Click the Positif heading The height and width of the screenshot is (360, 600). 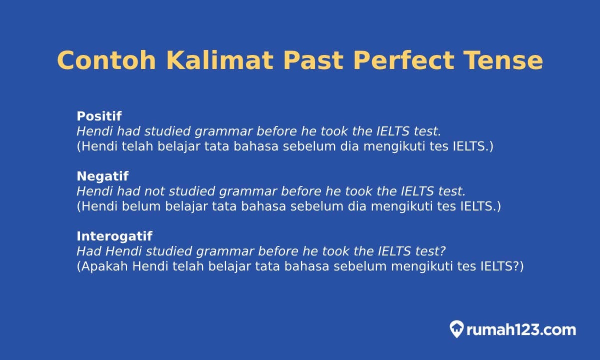point(99,116)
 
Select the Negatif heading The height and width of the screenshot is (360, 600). point(102,176)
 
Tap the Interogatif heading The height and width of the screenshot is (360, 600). point(114,236)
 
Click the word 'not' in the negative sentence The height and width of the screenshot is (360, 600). point(154,191)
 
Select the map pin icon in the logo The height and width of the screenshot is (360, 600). point(456,329)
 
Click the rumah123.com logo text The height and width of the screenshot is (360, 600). point(521,330)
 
